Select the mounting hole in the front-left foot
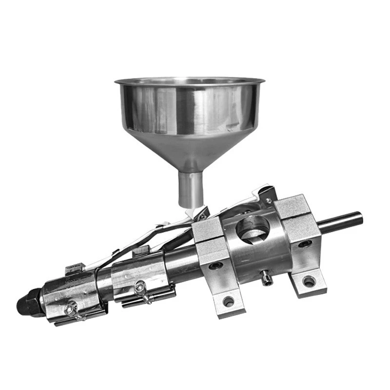coord(228,301)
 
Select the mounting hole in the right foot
coord(309,281)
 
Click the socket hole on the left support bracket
coord(215,266)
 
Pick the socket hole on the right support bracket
coord(306,243)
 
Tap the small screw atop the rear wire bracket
coord(268,200)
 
